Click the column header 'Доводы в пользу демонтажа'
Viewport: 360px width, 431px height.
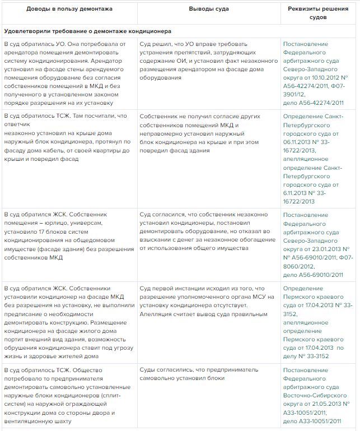pyautogui.click(x=68, y=10)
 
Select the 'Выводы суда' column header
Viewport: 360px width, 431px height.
pyautogui.click(x=209, y=10)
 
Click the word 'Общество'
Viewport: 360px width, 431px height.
pyautogui.click(x=95, y=370)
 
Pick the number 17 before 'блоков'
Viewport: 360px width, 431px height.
pyautogui.click(x=42, y=232)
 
